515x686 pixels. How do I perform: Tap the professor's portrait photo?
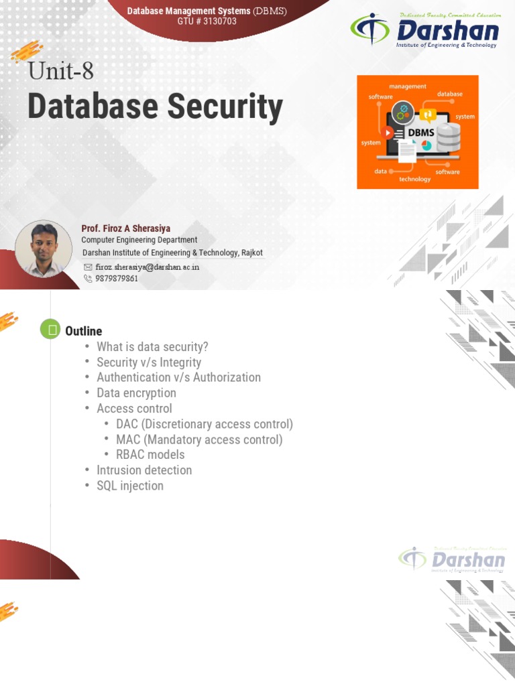coord(43,249)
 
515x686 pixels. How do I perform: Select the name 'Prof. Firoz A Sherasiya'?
coord(125,228)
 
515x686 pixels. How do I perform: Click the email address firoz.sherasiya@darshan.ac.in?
coord(148,267)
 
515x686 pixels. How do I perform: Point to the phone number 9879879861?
coord(117,278)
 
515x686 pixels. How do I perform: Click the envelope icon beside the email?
coord(88,267)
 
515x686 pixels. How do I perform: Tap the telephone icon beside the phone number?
coord(88,278)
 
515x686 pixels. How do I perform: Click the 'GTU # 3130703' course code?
coord(207,21)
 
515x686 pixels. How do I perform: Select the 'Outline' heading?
coord(83,331)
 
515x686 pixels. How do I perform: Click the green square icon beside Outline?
coord(50,329)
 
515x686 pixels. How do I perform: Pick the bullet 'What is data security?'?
coord(152,346)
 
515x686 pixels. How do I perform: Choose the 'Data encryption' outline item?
coord(136,393)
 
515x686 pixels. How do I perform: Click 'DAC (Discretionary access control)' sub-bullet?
coord(204,424)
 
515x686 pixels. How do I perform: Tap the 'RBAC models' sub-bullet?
coord(150,455)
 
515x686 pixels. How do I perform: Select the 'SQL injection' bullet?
coord(129,486)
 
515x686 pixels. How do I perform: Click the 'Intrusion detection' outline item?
coord(144,470)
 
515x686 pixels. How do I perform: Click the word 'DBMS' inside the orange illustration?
coord(417,132)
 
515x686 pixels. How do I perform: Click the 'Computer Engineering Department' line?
coord(139,240)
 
